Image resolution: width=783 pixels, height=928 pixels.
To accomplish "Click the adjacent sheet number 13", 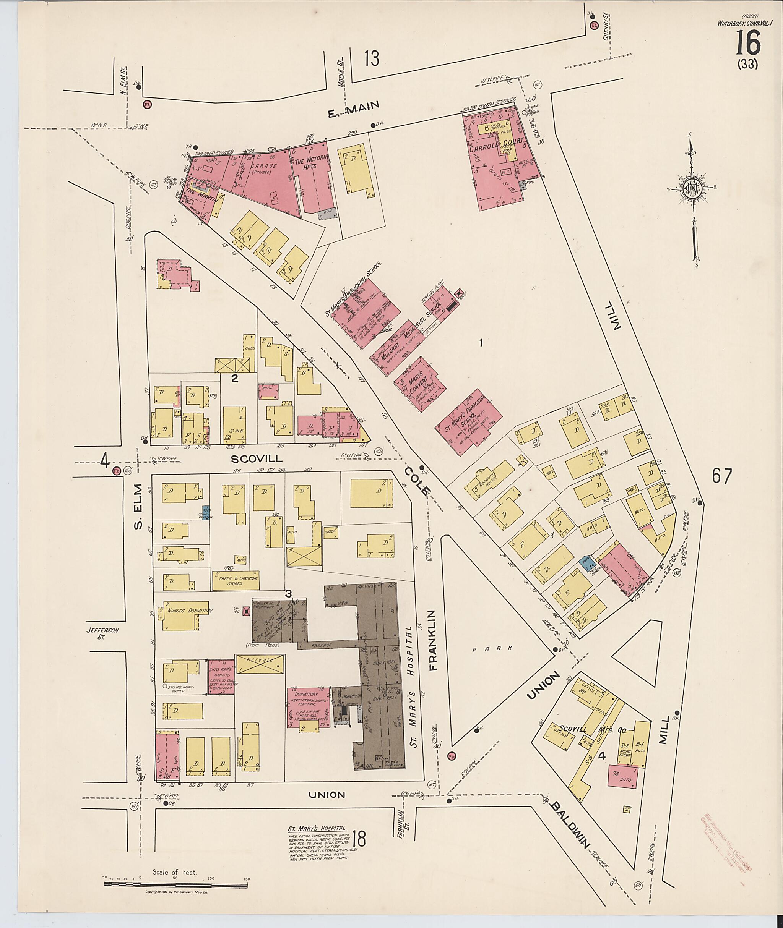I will click(x=372, y=58).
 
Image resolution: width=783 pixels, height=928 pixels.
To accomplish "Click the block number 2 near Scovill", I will click(x=234, y=378).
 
